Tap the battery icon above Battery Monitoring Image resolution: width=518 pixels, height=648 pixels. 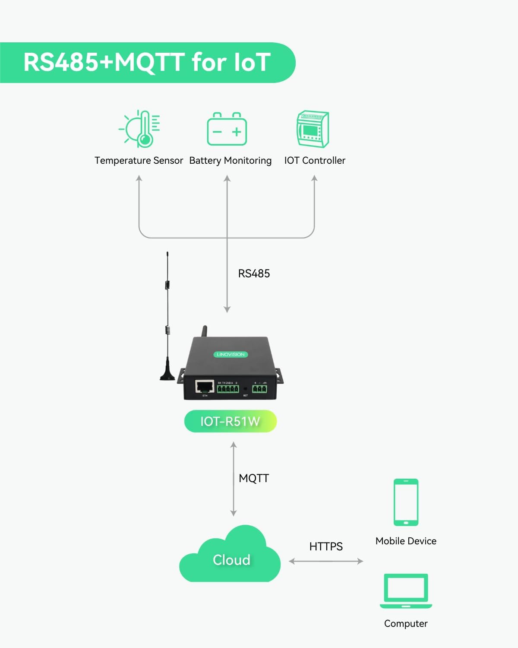coord(227,130)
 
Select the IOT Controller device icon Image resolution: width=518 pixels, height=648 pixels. coord(313,129)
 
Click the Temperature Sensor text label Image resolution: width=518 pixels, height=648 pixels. coord(139,161)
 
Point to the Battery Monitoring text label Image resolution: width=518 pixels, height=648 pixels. coord(230,161)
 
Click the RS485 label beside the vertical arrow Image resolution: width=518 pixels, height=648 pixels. coord(254,273)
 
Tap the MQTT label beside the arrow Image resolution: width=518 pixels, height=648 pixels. coord(254,478)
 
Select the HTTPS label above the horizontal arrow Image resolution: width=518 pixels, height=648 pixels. coord(326,546)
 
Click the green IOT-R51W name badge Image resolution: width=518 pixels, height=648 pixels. coord(230,421)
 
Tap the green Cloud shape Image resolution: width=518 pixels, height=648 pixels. coord(231,557)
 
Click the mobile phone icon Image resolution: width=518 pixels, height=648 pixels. coord(406,502)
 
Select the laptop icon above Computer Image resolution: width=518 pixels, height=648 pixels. coord(406,591)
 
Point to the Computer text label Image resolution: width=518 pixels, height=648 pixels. coord(406,623)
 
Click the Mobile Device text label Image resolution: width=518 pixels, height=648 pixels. coord(406,541)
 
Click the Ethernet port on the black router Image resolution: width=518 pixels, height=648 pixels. coord(205,386)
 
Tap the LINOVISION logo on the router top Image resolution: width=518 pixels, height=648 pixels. coord(231,354)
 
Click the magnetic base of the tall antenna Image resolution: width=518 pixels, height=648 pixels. coord(168,375)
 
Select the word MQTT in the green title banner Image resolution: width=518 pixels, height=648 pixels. coord(150,62)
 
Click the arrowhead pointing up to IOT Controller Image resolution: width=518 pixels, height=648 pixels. coord(314,178)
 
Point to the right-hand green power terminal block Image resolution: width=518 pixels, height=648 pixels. coord(259,389)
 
